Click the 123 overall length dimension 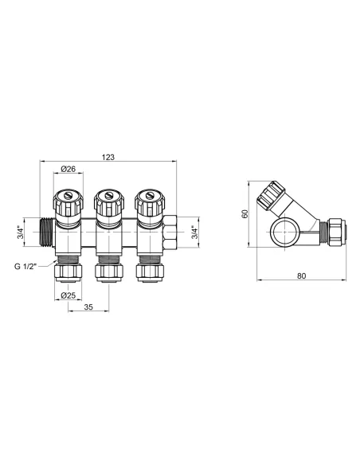tap(109, 157)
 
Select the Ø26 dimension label tap(68, 169)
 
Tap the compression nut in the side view tap(339, 232)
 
